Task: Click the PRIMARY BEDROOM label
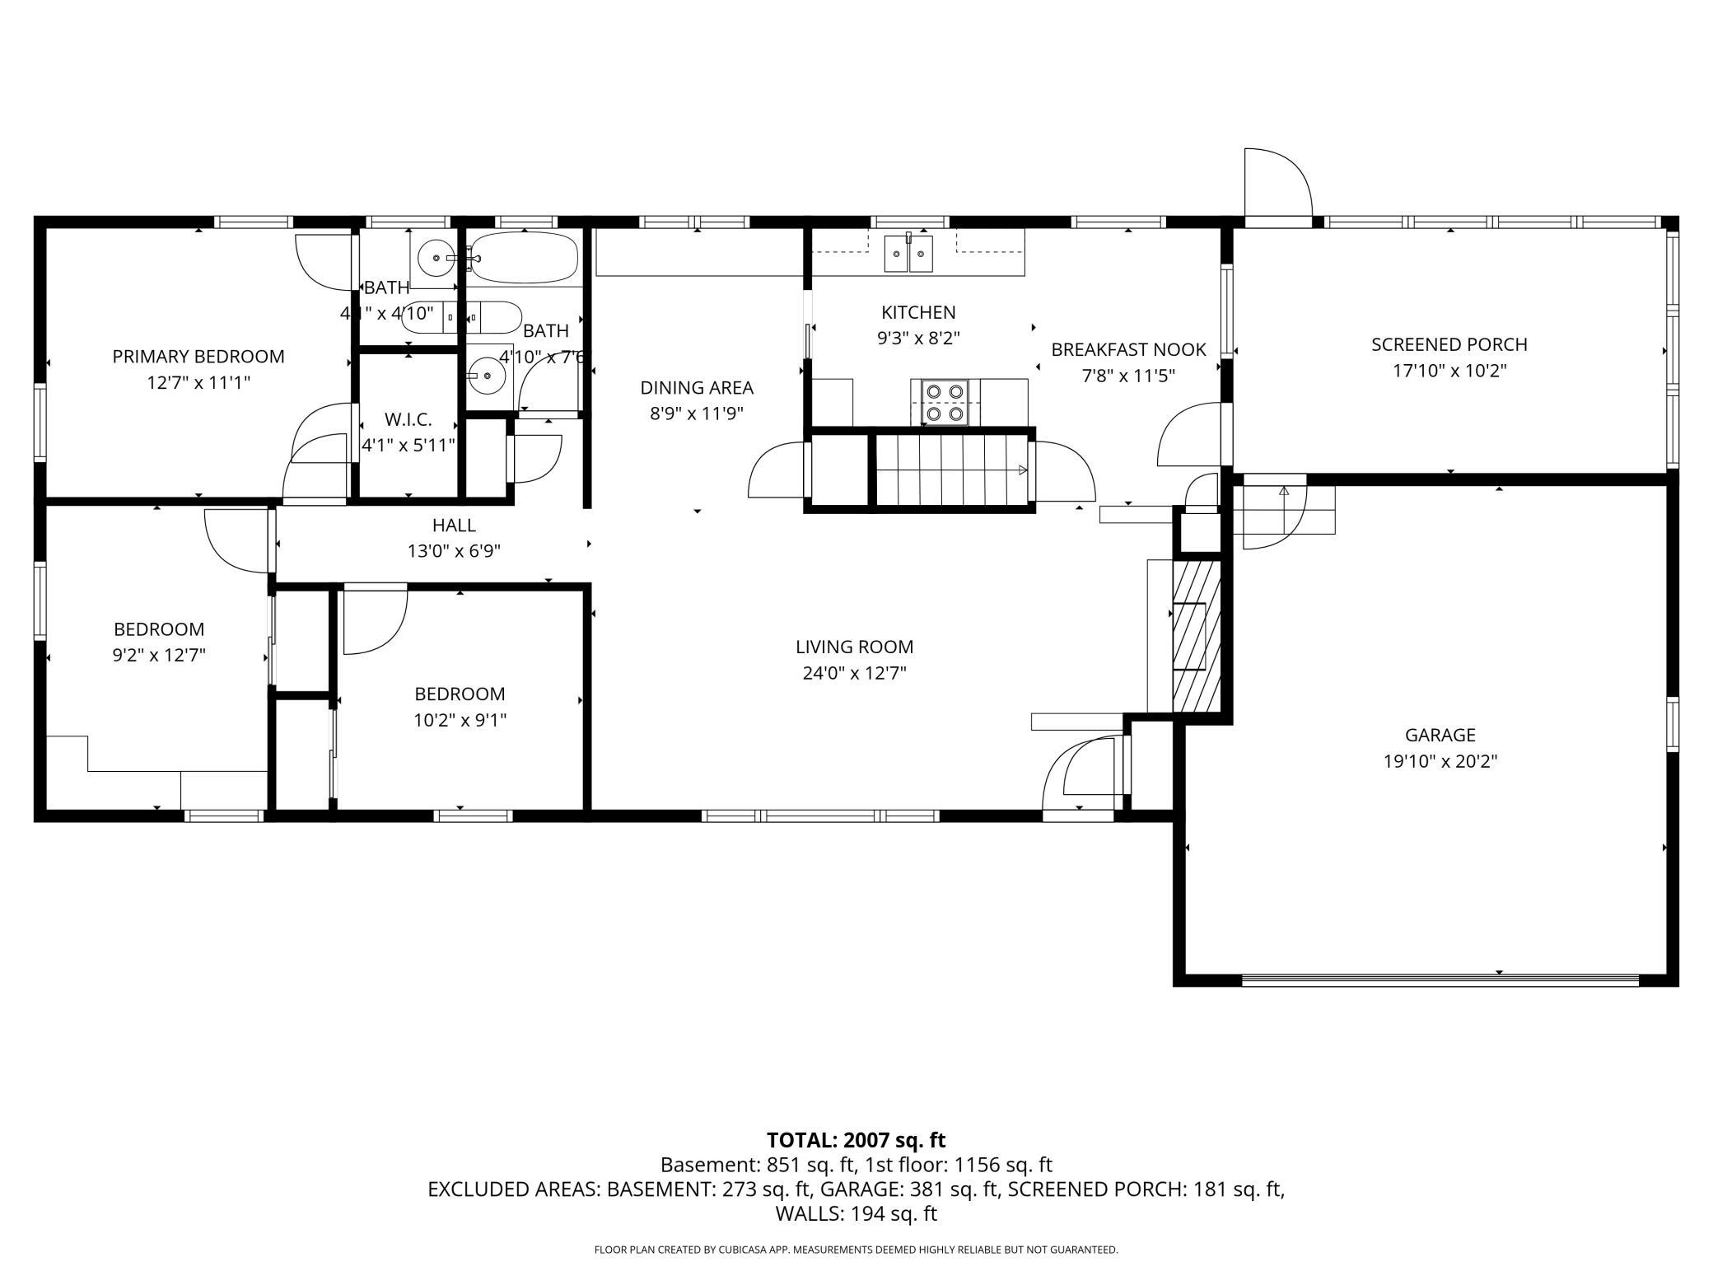tap(198, 357)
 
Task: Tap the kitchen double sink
tap(908, 254)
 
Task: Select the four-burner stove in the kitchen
tap(945, 402)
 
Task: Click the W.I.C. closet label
tap(408, 419)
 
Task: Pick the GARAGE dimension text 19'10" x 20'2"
tap(1440, 761)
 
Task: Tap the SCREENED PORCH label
tap(1449, 344)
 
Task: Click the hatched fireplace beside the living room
tap(1196, 635)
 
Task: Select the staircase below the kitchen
tap(951, 470)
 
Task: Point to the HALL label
tap(454, 525)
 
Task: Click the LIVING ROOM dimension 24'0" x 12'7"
tap(854, 673)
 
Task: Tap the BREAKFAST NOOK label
tap(1127, 349)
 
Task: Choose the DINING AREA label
tap(697, 387)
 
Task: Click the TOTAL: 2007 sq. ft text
tap(856, 1140)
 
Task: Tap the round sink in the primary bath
tap(435, 259)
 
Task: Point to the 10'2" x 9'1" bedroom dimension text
tap(460, 720)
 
